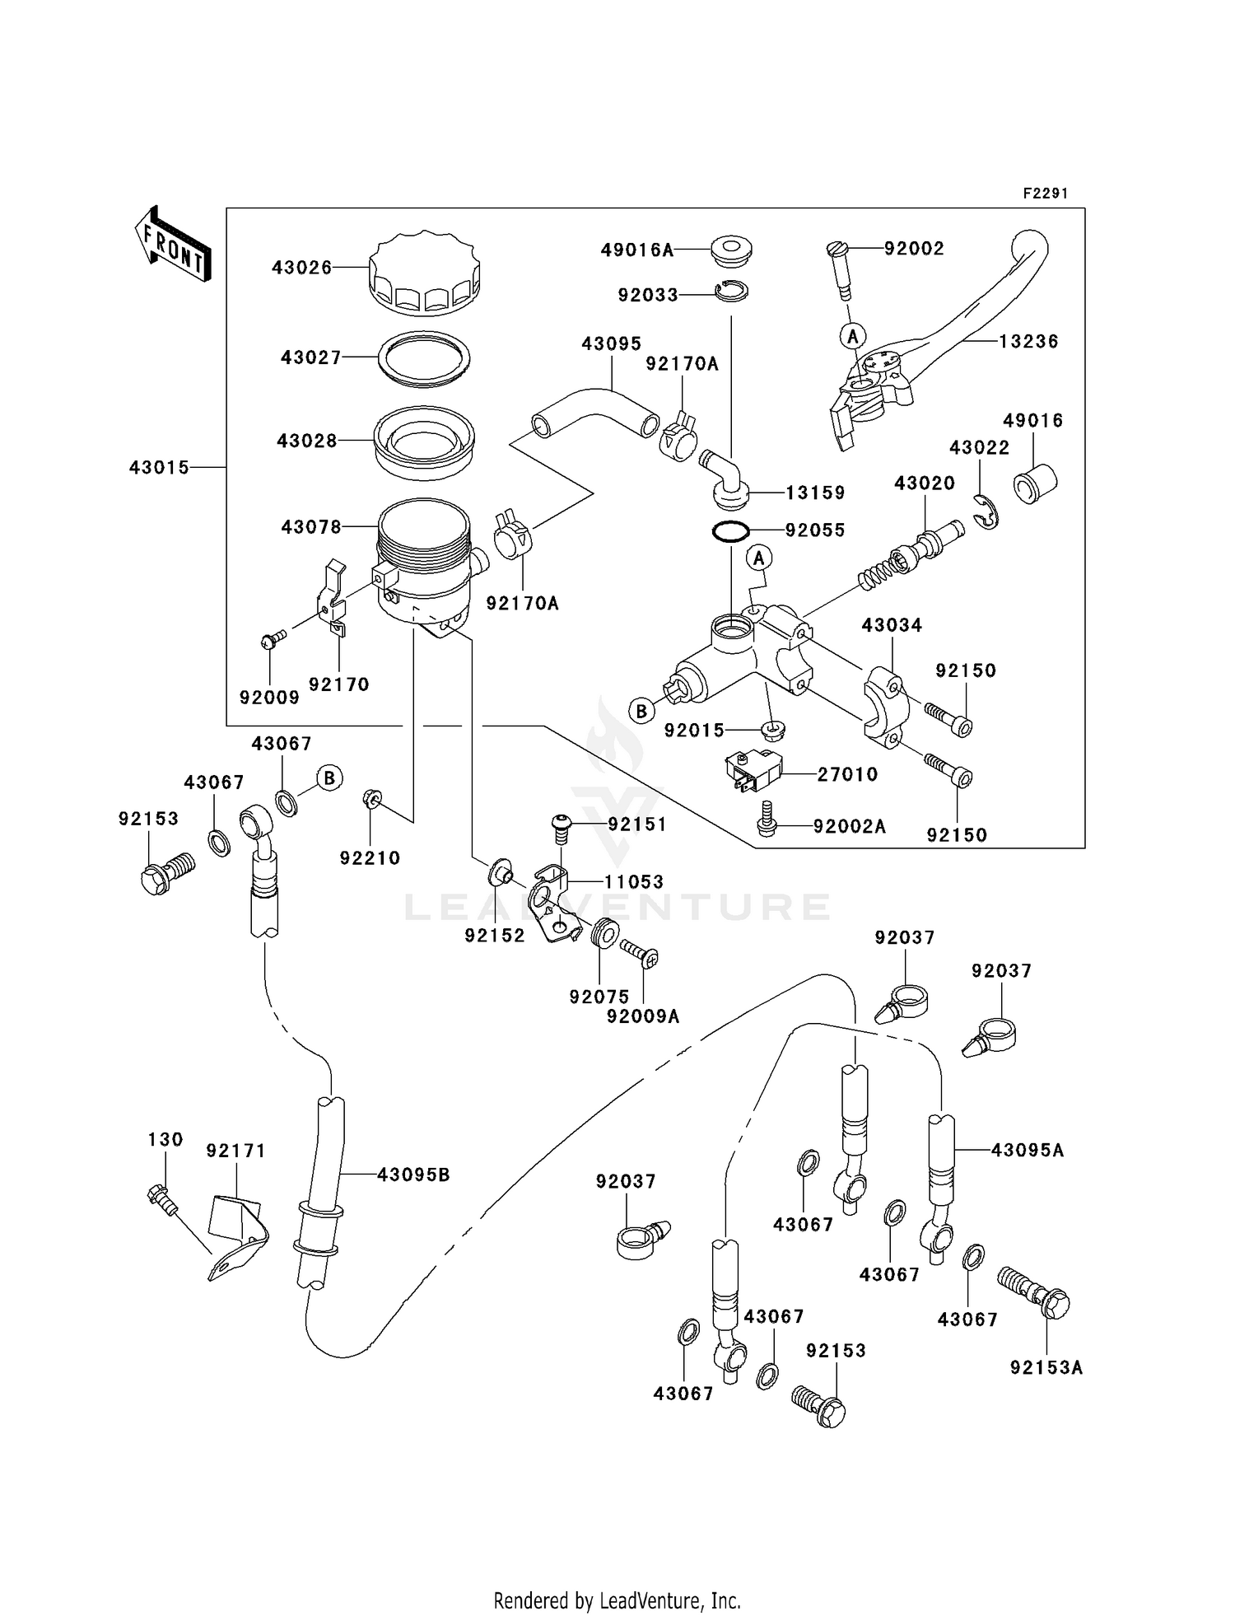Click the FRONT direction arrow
pyautogui.click(x=173, y=244)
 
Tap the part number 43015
pyautogui.click(x=159, y=468)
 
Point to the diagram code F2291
pyautogui.click(x=1045, y=194)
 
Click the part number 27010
pyautogui.click(x=847, y=774)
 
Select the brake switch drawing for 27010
pyautogui.click(x=751, y=770)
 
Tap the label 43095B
pyautogui.click(x=413, y=1175)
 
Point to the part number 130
pyautogui.click(x=165, y=1139)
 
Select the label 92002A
pyautogui.click(x=850, y=826)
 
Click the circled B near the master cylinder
pyautogui.click(x=641, y=710)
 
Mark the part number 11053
pyautogui.click(x=633, y=882)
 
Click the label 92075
pyautogui.click(x=599, y=997)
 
